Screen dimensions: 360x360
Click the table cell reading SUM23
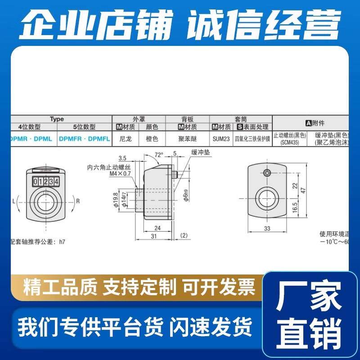(x=221, y=139)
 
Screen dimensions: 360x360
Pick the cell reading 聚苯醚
(x=187, y=139)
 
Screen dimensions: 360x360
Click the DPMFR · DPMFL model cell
(x=84, y=139)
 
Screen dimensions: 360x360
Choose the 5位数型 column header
(x=84, y=127)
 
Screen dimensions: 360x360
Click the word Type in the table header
(x=57, y=119)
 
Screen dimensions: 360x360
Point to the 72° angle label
(x=158, y=155)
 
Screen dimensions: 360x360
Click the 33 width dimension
(x=267, y=229)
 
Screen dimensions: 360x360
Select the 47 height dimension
(x=303, y=190)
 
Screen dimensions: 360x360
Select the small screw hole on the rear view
(x=268, y=173)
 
